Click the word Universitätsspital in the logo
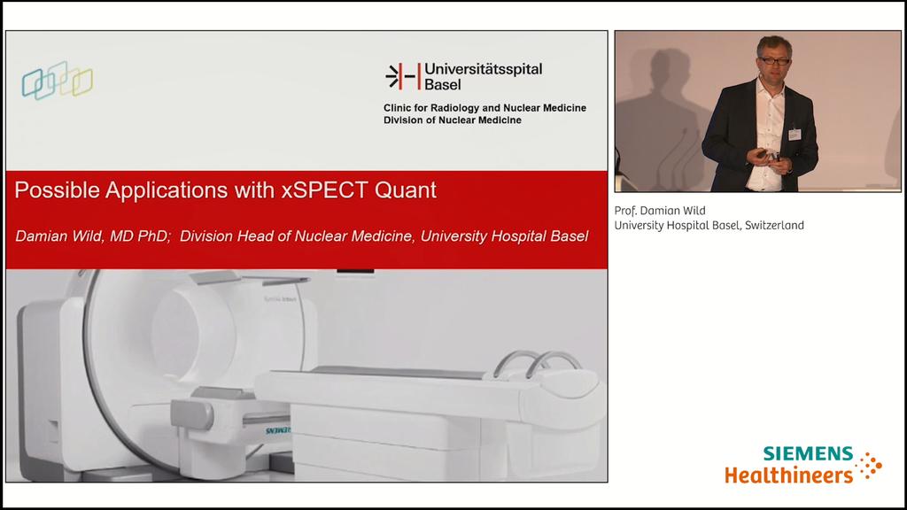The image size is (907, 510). pyautogui.click(x=484, y=68)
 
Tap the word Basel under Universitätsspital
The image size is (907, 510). pyautogui.click(x=443, y=84)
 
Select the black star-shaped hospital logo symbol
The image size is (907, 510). pyautogui.click(x=402, y=76)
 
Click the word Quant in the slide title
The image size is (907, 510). pyautogui.click(x=407, y=189)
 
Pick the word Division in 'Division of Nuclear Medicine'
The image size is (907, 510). pyautogui.click(x=404, y=120)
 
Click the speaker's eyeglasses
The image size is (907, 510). pyautogui.click(x=774, y=60)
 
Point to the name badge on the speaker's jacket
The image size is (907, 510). pyautogui.click(x=795, y=134)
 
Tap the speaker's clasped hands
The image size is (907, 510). pyautogui.click(x=762, y=156)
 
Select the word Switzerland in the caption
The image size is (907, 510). pyautogui.click(x=774, y=226)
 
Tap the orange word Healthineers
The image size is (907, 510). pyautogui.click(x=788, y=475)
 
